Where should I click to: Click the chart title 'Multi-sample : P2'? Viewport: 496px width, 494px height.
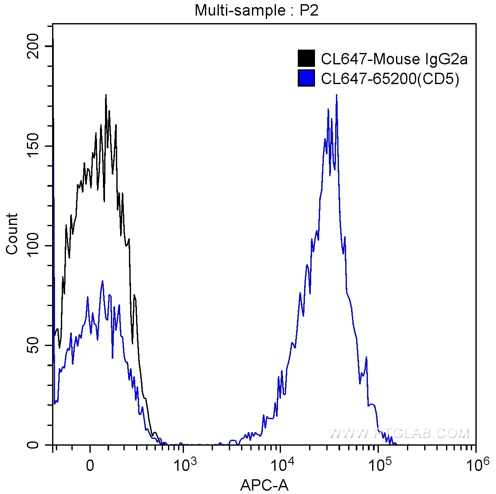tap(256, 10)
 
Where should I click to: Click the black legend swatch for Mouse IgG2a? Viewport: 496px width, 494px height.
tap(306, 59)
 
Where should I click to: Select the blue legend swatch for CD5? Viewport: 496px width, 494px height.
tap(306, 78)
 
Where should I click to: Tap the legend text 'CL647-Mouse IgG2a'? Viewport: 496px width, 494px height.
tap(394, 59)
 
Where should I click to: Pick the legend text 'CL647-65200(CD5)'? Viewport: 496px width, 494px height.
tap(390, 79)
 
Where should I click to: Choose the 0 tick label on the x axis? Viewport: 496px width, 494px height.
tap(89, 466)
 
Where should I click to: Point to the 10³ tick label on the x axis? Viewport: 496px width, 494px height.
tap(183, 465)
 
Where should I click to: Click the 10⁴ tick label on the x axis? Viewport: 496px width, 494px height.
tap(281, 465)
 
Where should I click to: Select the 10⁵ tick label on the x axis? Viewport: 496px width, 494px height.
tap(378, 465)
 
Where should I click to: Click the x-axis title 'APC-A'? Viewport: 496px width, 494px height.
tap(264, 486)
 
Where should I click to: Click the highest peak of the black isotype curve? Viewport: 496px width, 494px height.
tap(106, 95)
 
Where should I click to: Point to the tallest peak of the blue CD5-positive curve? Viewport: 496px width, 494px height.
tap(336, 95)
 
